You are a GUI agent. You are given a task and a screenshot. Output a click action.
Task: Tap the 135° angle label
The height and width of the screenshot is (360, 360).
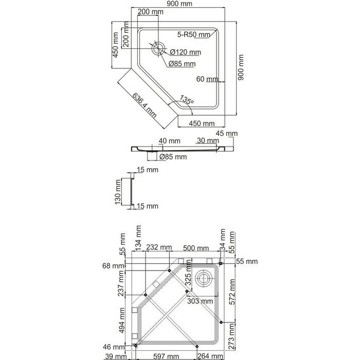(x=187, y=100)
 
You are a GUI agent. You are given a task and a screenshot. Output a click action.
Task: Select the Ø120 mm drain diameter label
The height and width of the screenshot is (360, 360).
(x=186, y=52)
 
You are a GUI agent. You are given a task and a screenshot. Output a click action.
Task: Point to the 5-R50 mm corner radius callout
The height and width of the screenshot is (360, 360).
(x=194, y=34)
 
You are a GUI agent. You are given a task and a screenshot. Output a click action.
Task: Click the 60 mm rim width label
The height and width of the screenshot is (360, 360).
(x=207, y=79)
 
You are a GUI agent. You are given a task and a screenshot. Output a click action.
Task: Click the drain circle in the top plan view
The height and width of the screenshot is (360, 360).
(x=158, y=48)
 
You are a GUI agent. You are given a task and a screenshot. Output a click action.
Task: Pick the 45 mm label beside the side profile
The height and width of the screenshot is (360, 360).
(x=227, y=133)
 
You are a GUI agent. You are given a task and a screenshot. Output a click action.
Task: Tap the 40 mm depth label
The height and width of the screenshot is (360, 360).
(x=169, y=141)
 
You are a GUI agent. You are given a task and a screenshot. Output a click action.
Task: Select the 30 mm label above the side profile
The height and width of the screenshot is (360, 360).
(x=208, y=140)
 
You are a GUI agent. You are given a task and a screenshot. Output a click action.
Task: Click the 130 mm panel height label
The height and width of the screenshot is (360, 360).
(x=118, y=192)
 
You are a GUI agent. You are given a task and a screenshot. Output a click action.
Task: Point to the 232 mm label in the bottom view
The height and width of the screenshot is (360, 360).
(x=159, y=247)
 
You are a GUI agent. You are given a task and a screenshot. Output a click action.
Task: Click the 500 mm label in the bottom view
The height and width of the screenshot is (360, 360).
(x=196, y=248)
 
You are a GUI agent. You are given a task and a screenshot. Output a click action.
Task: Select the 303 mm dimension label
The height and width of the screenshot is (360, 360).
(x=200, y=301)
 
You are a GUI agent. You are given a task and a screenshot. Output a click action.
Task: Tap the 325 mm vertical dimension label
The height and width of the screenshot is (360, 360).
(x=188, y=273)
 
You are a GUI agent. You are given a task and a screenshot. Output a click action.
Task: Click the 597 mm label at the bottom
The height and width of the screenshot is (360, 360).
(x=166, y=356)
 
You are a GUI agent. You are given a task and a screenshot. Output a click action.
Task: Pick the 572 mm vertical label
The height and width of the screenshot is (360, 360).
(x=232, y=292)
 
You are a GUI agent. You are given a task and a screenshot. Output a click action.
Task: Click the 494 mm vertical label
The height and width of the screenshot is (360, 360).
(x=122, y=320)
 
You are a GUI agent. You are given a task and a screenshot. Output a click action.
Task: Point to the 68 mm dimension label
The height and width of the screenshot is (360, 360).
(x=113, y=266)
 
